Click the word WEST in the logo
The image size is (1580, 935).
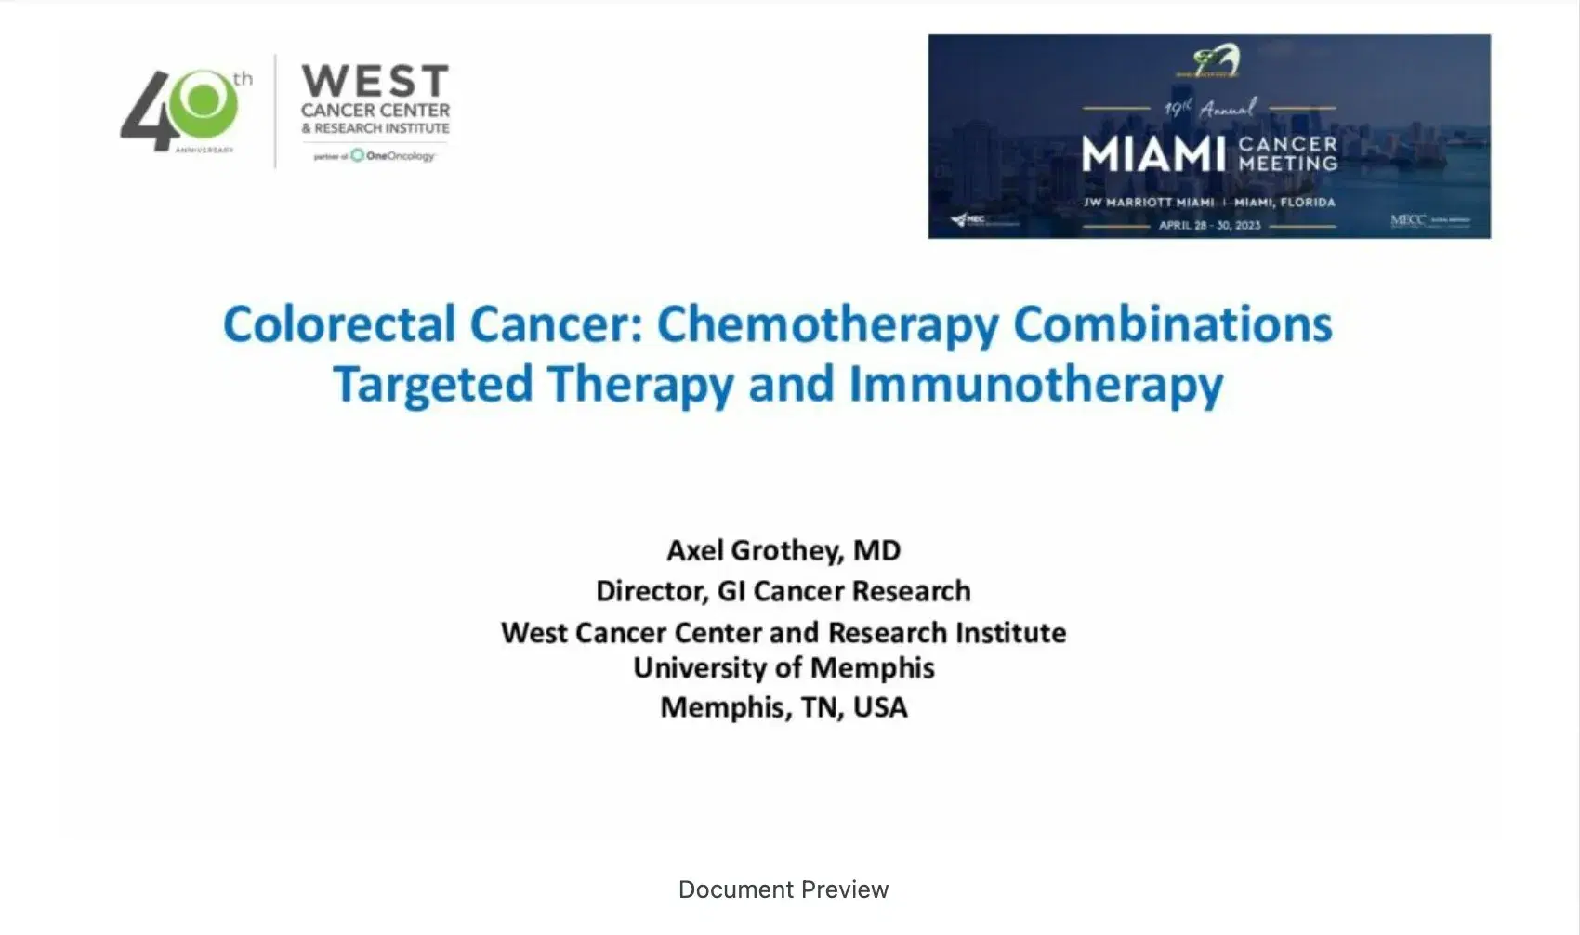375,81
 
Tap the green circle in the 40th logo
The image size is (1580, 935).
206,101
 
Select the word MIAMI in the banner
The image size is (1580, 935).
1153,154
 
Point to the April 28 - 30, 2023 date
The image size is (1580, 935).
1209,225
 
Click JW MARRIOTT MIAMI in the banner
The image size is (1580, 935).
1149,202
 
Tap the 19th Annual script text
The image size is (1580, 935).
1210,109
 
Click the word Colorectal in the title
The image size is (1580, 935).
339,325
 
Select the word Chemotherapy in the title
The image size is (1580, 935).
827,325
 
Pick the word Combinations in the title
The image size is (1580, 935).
1172,325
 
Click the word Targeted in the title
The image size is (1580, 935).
433,385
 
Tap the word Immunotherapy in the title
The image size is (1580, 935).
1035,385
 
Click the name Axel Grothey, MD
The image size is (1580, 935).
783,550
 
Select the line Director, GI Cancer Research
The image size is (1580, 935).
783,591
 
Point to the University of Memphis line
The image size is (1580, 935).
783,668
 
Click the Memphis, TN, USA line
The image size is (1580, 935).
783,707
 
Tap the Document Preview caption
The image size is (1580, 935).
783,889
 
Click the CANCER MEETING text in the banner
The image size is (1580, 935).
1288,154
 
